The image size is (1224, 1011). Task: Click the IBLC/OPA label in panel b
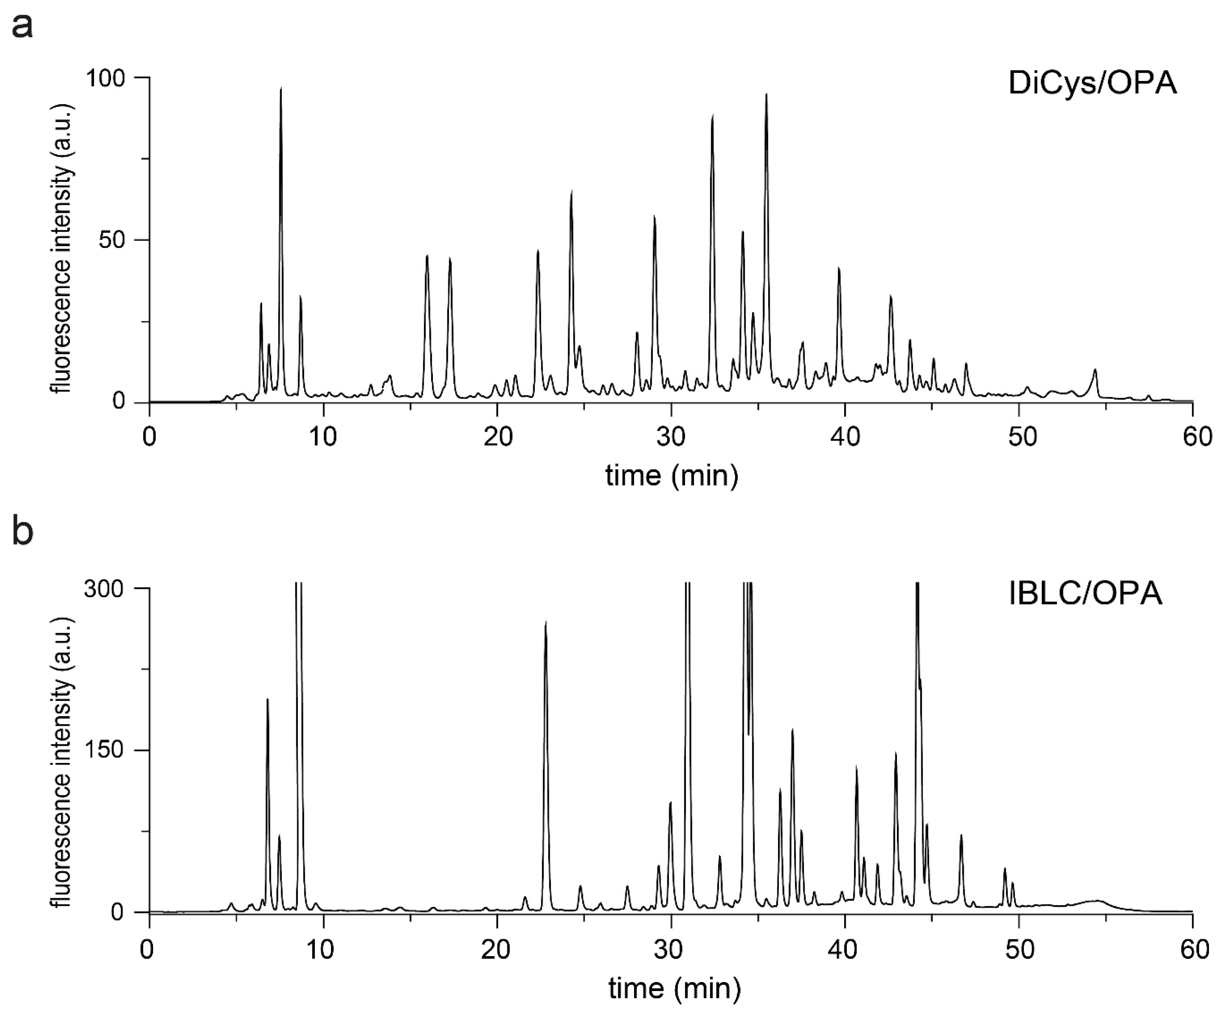[x=1085, y=594]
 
